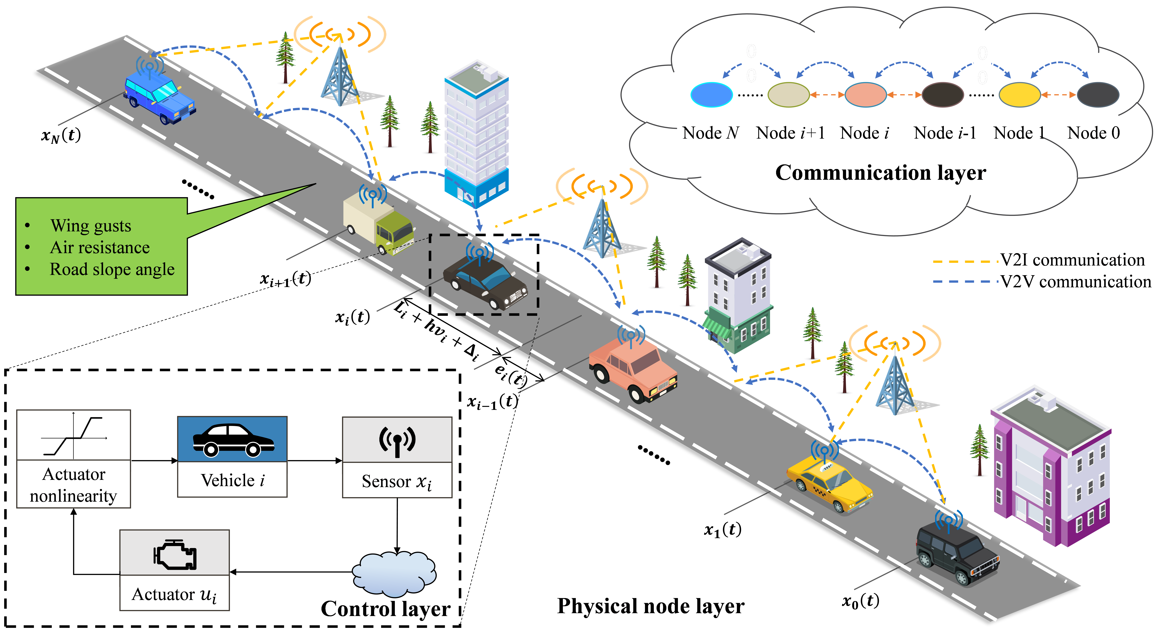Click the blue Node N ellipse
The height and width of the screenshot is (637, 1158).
click(x=711, y=94)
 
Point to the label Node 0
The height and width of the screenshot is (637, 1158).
click(x=1093, y=133)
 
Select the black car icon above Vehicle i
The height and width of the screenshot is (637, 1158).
click(x=232, y=440)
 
